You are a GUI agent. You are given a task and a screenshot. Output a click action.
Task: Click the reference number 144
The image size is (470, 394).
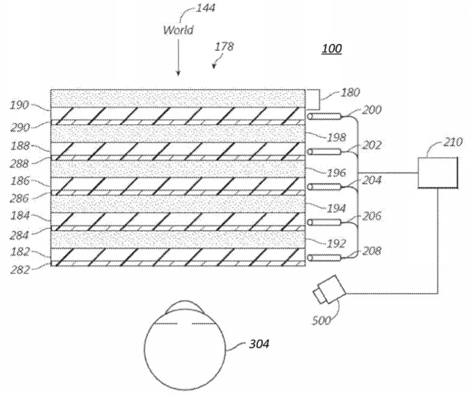pos(206,7)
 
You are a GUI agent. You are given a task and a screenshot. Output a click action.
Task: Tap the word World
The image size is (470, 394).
pos(178,30)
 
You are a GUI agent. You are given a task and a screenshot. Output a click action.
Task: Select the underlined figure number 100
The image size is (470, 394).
pos(332,48)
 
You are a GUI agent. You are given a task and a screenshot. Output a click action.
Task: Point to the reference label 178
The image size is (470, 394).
pos(224,46)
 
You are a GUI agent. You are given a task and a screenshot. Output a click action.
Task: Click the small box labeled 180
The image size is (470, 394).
pos(312,99)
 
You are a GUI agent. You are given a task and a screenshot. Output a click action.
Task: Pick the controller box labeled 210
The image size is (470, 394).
pos(438,173)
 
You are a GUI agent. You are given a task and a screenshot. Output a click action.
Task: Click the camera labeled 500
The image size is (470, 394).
pos(329,289)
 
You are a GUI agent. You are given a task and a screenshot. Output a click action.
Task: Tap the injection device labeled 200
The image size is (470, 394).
pos(324,116)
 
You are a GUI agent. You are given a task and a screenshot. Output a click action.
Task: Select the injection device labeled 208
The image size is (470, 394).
pos(324,258)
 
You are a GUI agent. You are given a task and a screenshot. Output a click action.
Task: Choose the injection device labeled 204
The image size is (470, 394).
pos(324,187)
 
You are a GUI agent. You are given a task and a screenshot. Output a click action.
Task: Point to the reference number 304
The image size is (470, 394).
pos(259,343)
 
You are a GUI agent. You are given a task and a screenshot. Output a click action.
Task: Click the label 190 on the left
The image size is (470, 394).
pos(19,105)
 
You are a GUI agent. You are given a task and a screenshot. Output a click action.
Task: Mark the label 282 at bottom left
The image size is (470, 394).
pos(19,270)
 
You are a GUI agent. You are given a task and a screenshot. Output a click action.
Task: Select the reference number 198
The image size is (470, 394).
pos(336,138)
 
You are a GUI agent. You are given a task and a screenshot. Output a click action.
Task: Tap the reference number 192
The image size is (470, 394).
pos(336,244)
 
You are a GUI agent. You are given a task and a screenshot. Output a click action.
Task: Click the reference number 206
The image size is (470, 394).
pos(372,216)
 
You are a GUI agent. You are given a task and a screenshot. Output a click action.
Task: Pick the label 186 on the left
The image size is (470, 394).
pos(20,180)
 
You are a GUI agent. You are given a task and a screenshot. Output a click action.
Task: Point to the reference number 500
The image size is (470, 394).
pos(321,320)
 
